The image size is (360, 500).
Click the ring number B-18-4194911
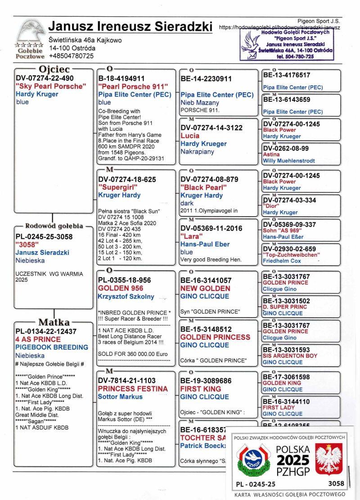click(121, 78)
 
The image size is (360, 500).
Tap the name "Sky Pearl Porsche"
click(50, 86)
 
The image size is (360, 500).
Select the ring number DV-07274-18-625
click(127, 179)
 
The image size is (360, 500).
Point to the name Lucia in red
click(190, 136)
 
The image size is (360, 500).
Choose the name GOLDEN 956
click(121, 288)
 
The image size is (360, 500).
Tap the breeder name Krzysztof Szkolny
click(126, 296)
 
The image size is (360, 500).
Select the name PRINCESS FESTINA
click(133, 389)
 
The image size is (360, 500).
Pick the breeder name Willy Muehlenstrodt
click(289, 161)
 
